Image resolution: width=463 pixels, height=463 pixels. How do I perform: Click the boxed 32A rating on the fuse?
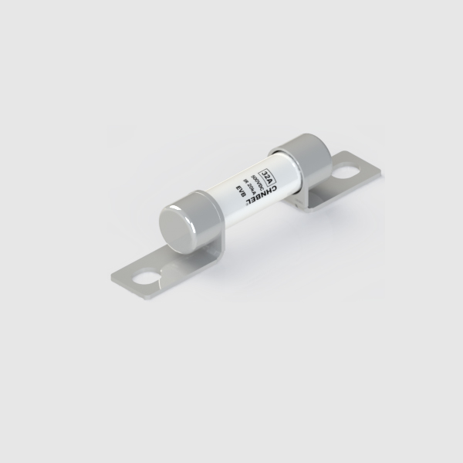click(x=267, y=169)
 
